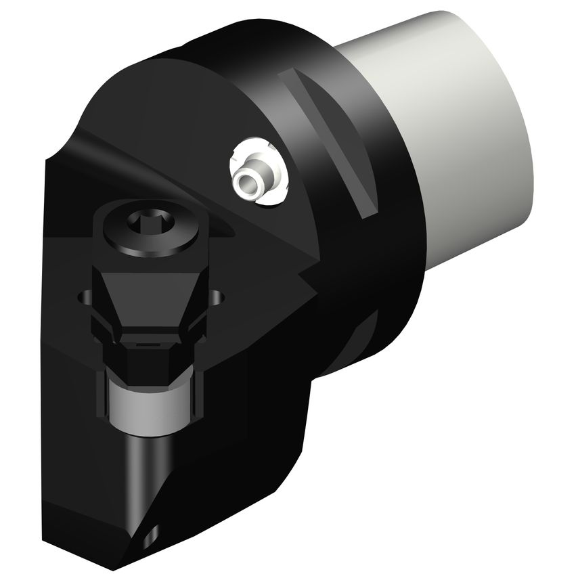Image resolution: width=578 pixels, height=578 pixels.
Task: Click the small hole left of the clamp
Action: tap(85, 297)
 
